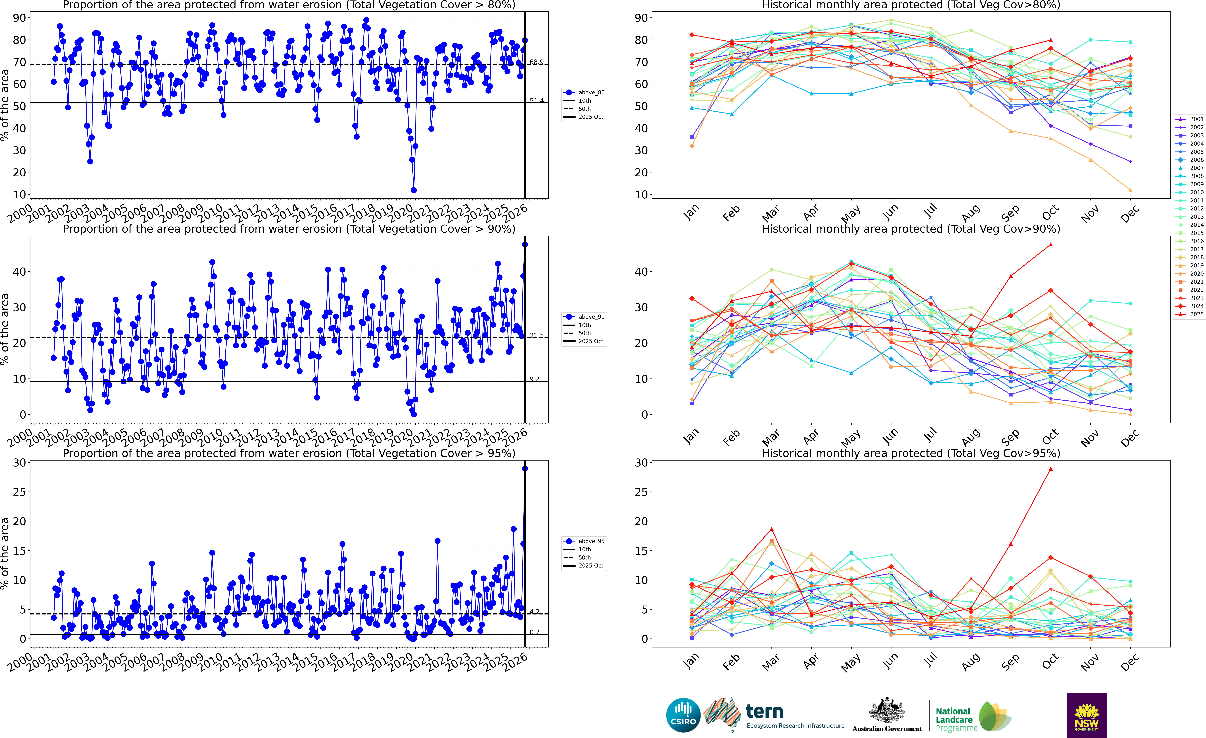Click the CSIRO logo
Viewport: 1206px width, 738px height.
(683, 715)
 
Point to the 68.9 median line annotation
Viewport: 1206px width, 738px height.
(536, 62)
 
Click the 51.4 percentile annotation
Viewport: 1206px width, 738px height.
(536, 101)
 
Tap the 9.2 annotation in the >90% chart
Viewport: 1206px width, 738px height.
(534, 379)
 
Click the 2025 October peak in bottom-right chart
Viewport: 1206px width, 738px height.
(1050, 469)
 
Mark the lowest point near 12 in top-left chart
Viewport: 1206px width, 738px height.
(414, 190)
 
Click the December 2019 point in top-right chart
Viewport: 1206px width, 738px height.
(1130, 190)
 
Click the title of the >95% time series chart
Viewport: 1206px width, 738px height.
(289, 453)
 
